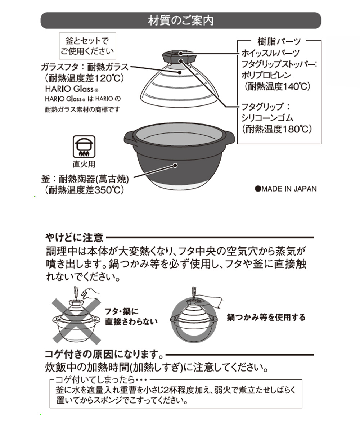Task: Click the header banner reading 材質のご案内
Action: (181, 21)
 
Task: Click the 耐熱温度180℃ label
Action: (276, 129)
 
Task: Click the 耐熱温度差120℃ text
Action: (81, 78)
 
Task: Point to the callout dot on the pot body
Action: (175, 166)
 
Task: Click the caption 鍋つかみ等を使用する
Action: (266, 317)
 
